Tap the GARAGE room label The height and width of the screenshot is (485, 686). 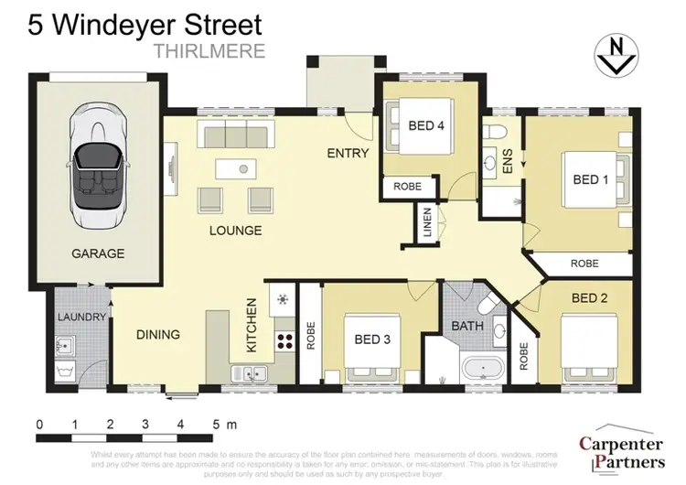(99, 253)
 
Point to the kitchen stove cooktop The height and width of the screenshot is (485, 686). (284, 340)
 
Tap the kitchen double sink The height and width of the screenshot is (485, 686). (249, 372)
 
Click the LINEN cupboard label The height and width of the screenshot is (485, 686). (428, 223)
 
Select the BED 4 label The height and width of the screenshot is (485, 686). (426, 125)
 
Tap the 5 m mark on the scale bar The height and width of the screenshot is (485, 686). (218, 425)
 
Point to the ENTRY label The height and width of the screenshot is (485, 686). (348, 153)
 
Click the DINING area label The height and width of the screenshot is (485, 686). (158, 334)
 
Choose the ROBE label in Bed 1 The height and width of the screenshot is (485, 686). (584, 263)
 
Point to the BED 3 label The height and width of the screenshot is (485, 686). (372, 339)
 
